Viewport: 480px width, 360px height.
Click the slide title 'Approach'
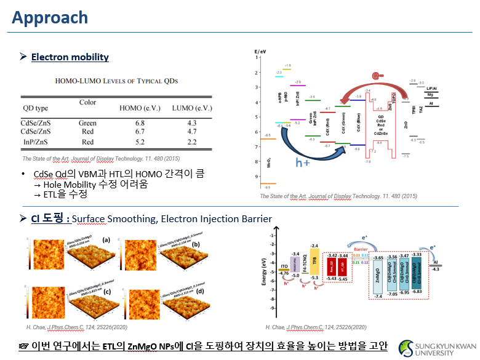coord(49,18)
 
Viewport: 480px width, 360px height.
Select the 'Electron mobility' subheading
coord(70,57)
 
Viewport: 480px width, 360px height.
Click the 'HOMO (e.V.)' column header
coord(140,108)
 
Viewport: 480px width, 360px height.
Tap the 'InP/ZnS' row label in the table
coord(34,143)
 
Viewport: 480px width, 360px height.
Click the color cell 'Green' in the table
coord(88,122)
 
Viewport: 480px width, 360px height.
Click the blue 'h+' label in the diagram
coord(303,162)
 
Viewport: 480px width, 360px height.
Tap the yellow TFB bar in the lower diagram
coord(315,260)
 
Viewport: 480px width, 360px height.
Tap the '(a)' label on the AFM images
coord(106,239)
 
